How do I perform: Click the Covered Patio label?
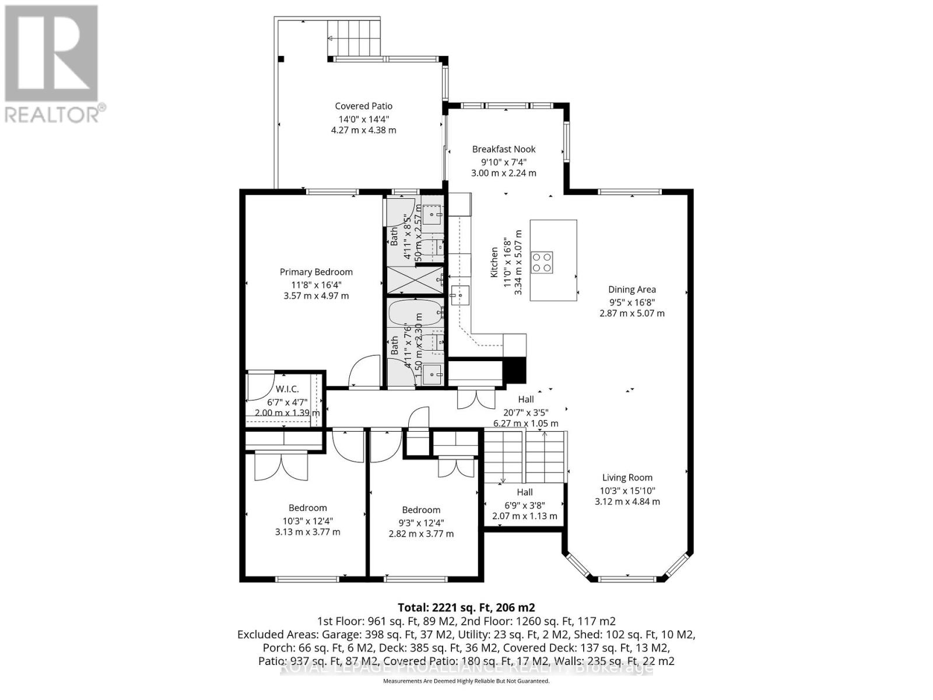(363, 106)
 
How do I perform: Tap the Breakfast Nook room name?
(504, 149)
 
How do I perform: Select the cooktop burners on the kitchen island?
(541, 262)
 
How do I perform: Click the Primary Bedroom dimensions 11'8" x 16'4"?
(316, 285)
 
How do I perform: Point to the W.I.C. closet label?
(287, 389)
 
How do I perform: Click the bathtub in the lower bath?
(415, 314)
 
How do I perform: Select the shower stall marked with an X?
(415, 280)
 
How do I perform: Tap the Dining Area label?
(632, 289)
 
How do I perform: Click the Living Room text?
(627, 478)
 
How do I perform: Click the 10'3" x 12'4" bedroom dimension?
(307, 521)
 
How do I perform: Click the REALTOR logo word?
(55, 114)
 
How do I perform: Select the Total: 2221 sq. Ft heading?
(465, 607)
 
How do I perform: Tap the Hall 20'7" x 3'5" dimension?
(525, 412)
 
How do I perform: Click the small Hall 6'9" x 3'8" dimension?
(524, 505)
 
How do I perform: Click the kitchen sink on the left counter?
(461, 295)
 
